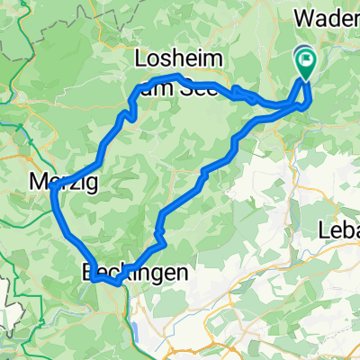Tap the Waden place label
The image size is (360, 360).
click(x=328, y=19)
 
